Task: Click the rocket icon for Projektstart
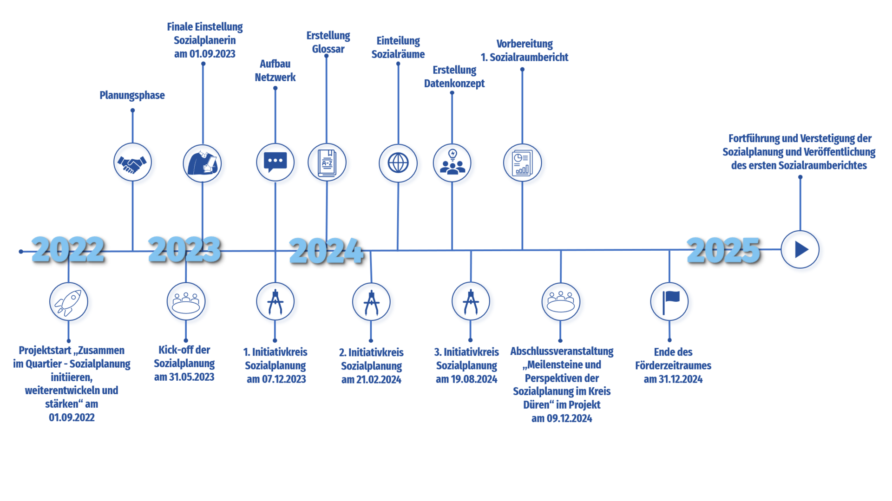coord(69,301)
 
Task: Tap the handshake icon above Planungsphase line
coord(132,163)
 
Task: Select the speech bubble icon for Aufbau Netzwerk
coord(275,162)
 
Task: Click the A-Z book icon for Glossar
coord(327,163)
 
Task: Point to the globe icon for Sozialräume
coord(398,163)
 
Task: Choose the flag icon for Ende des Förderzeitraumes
coord(669,301)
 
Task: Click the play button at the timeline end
coord(800,249)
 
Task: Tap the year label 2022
coord(68,249)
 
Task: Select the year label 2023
coord(184,249)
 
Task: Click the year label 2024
coord(326,251)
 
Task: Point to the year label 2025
coord(723,250)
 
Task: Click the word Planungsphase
coord(132,96)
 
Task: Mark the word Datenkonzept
coord(454,84)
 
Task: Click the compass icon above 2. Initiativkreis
coord(371,302)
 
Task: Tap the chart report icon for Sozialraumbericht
coord(522,163)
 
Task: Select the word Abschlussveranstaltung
coord(562,351)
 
